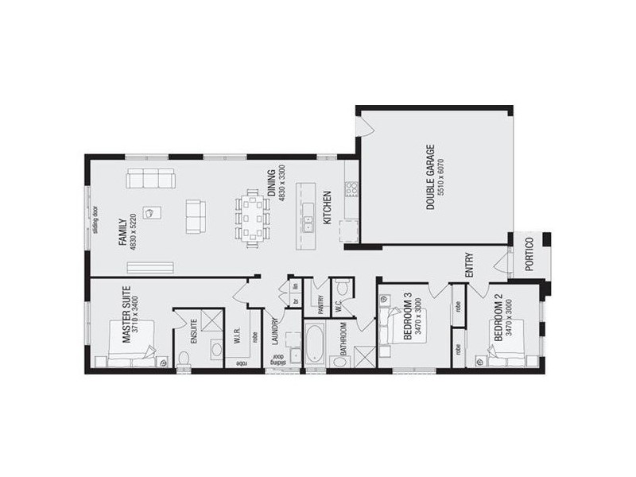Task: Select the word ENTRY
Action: tap(470, 265)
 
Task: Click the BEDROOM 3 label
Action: tap(407, 316)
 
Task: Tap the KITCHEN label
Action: tap(326, 205)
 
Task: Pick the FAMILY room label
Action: tap(123, 231)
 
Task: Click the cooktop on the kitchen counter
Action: tap(351, 188)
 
